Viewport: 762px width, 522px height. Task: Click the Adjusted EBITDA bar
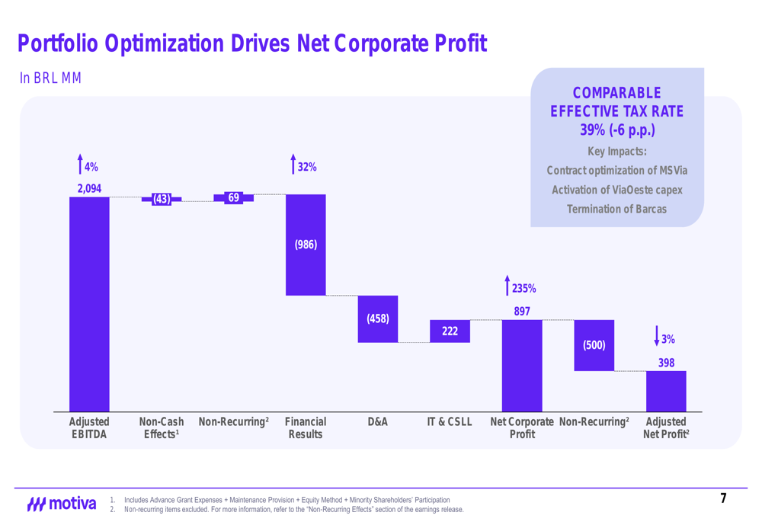tap(89, 304)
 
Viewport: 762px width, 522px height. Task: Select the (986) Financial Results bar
tap(306, 245)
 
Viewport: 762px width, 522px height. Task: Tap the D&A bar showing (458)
tap(378, 319)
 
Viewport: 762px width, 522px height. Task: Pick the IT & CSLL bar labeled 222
tap(450, 331)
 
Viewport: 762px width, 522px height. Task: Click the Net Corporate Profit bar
tap(522, 366)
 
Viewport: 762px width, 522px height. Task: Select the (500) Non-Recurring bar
tap(594, 345)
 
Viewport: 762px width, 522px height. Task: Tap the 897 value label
tap(522, 311)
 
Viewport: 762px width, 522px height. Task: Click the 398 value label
tap(666, 363)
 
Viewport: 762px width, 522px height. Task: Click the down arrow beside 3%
tap(656, 337)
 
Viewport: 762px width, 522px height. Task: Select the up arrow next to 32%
tap(293, 164)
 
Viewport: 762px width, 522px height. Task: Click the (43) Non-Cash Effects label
tap(161, 199)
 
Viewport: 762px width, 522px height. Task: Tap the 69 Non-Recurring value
tap(233, 197)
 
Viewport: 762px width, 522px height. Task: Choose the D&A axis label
tap(378, 421)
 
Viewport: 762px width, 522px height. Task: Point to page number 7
tap(723, 499)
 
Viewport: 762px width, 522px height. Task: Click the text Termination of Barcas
tap(617, 209)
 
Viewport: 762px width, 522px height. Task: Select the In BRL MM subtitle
tap(50, 78)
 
